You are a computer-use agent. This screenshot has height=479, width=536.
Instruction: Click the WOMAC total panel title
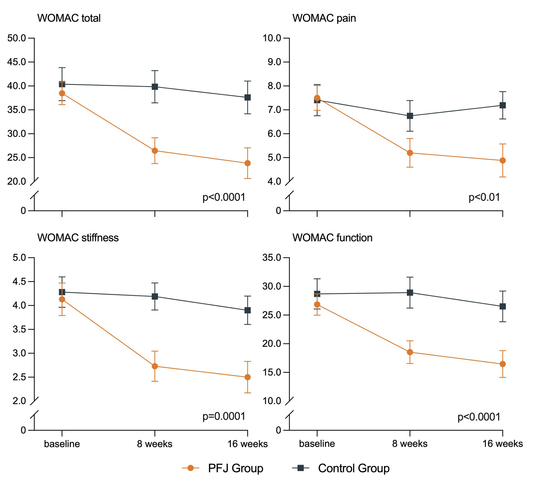69,18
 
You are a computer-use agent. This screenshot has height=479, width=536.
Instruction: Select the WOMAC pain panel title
324,18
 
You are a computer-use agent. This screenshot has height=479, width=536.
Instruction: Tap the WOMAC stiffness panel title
78,238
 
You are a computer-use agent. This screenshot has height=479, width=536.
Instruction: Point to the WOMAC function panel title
332,238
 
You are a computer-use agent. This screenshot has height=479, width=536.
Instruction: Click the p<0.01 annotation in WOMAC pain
484,197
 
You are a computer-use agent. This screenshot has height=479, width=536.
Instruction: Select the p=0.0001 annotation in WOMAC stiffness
224,416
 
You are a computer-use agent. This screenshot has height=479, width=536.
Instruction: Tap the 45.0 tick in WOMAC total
17,62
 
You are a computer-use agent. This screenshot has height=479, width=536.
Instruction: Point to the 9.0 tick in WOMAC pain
274,62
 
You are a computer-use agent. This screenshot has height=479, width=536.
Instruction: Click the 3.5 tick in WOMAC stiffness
19,329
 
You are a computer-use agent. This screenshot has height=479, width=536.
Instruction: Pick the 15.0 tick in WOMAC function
272,372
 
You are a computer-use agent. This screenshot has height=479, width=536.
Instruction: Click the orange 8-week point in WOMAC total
155,151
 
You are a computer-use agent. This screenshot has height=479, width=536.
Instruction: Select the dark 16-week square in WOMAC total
248,98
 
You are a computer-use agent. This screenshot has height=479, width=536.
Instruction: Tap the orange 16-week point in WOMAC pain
503,160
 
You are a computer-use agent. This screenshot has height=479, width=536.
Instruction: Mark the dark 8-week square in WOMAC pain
410,116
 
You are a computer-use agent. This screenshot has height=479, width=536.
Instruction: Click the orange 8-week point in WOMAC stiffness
155,366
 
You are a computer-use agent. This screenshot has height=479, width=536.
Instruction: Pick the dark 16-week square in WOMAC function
503,306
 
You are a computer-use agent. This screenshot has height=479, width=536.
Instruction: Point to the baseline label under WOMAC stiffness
62,444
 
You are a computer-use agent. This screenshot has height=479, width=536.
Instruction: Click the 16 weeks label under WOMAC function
503,444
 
